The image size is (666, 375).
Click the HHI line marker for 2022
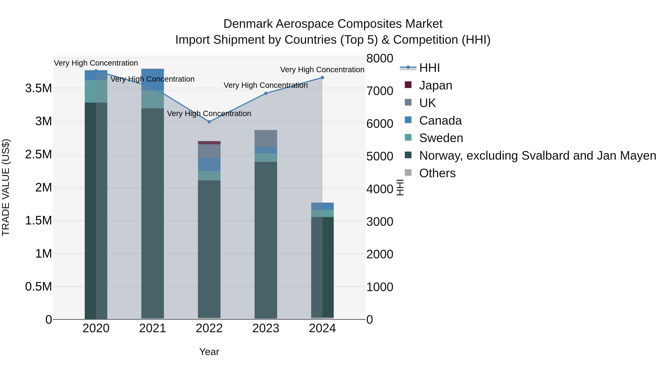pos(209,122)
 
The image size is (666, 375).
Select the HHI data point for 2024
pos(322,77)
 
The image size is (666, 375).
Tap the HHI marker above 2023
pos(266,94)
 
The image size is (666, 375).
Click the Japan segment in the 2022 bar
pos(209,143)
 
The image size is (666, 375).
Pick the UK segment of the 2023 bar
pos(266,139)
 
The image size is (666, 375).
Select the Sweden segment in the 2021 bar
pos(153,99)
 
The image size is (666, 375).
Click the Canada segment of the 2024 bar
pos(322,206)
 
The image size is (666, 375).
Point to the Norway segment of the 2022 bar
pos(209,249)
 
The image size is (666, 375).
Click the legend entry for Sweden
pos(441,138)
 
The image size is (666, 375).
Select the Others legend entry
pos(437,173)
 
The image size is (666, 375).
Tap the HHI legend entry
pos(429,68)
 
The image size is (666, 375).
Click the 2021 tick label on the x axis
pos(153,328)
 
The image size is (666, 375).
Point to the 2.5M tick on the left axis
pos(38,154)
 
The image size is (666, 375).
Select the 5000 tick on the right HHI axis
pos(380,156)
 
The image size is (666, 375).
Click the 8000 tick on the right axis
pos(380,59)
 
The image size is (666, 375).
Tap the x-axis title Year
pos(209,352)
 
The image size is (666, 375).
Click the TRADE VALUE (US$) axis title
pos(6,187)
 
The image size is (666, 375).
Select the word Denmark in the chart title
pos(248,24)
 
